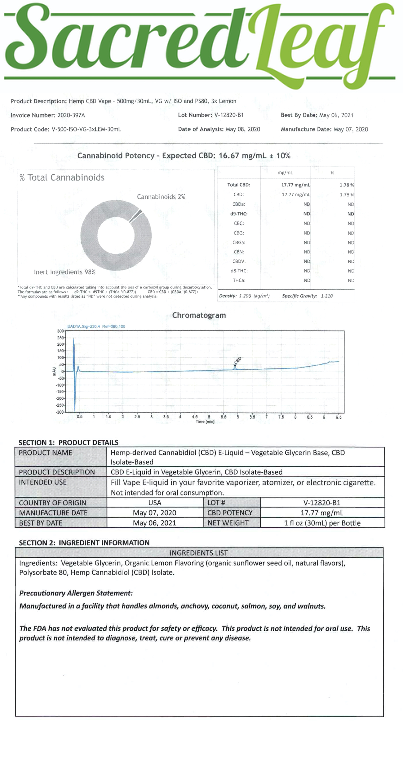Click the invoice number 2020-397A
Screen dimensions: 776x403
point(71,115)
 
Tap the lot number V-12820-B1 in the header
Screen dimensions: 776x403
point(229,115)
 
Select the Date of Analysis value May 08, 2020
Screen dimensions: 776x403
point(243,129)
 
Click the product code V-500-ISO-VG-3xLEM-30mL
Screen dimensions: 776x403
point(86,129)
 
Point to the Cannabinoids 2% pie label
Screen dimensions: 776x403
point(161,197)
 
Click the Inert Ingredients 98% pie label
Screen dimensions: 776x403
point(65,272)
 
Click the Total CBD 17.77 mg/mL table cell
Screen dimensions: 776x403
point(295,185)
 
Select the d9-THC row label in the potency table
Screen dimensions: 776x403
point(239,214)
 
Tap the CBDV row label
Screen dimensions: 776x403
point(239,261)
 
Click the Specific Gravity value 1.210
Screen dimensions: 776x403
point(327,296)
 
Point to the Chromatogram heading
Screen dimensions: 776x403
point(199,315)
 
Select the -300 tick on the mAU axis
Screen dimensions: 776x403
point(60,412)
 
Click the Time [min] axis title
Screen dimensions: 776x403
point(205,422)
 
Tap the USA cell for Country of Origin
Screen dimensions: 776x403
point(155,503)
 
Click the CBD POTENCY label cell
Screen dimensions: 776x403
point(230,513)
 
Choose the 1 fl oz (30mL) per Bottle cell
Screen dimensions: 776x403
point(322,523)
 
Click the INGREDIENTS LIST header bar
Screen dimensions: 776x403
point(199,553)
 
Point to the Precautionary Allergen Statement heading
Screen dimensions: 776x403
point(76,593)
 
